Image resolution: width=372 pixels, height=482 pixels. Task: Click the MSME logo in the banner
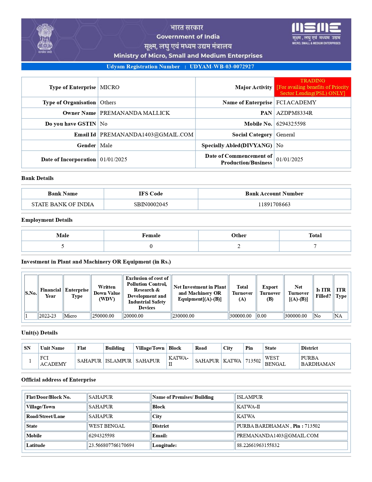pyautogui.click(x=316, y=33)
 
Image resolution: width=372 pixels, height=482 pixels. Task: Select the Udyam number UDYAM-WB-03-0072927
pyautogui.click(x=222, y=67)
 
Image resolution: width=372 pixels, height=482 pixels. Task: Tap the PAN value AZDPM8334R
pyautogui.click(x=294, y=113)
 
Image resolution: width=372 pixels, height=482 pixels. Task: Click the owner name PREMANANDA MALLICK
pyautogui.click(x=135, y=113)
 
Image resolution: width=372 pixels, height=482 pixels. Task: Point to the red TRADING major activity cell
pyautogui.click(x=312, y=87)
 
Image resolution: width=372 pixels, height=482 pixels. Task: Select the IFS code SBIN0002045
pyautogui.click(x=151, y=204)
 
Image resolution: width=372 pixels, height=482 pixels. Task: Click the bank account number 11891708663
pyautogui.click(x=274, y=204)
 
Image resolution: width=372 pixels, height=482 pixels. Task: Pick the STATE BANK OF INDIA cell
pyautogui.click(x=63, y=204)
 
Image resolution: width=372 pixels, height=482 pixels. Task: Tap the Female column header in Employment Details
pyautogui.click(x=151, y=235)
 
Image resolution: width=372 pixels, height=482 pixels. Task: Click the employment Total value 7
pyautogui.click(x=315, y=246)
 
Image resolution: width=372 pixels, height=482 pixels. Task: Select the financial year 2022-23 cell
pyautogui.click(x=48, y=316)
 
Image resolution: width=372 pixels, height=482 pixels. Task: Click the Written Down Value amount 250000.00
pyautogui.click(x=103, y=316)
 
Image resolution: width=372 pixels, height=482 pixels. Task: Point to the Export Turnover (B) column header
pyautogui.click(x=270, y=293)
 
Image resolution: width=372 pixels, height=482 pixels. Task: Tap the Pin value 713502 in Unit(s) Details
pyautogui.click(x=253, y=361)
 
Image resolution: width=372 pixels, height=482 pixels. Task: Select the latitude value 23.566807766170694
pyautogui.click(x=111, y=445)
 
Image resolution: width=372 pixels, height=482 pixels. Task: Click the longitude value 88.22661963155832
pyautogui.click(x=258, y=445)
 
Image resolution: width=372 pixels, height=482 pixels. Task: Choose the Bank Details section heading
pyautogui.click(x=37, y=178)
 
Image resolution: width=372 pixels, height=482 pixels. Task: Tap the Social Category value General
pyautogui.click(x=285, y=135)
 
